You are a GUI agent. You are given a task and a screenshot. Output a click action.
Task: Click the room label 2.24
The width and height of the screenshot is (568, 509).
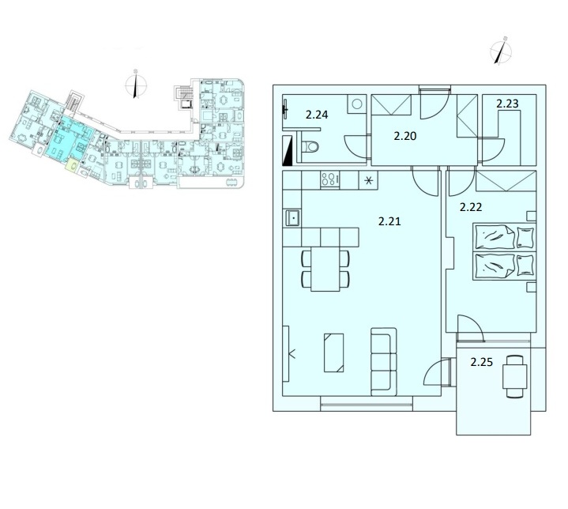tap(317, 115)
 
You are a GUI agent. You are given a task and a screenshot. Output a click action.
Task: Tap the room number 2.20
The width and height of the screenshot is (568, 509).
tap(405, 136)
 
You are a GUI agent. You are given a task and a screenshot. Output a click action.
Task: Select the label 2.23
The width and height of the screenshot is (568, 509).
tap(507, 104)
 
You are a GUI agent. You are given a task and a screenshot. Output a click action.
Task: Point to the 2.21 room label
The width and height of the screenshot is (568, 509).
tap(389, 221)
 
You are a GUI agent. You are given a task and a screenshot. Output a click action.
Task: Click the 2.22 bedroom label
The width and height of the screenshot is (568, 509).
tap(471, 207)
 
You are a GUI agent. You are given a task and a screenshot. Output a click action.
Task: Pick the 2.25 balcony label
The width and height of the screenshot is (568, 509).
tap(481, 362)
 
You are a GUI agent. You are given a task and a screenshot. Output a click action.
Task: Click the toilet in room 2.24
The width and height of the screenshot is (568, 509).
tap(310, 147)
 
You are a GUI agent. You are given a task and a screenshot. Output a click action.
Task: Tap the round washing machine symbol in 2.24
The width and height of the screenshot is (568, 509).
tap(357, 104)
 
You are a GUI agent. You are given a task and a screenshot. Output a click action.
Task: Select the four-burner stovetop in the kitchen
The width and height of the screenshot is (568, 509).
tap(329, 180)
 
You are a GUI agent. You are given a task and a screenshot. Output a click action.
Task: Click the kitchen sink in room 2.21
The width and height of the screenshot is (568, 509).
tap(293, 218)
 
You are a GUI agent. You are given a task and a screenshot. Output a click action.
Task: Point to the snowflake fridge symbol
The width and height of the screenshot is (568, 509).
tap(368, 180)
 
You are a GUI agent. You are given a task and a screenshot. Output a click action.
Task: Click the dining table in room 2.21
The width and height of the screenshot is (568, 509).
tap(325, 269)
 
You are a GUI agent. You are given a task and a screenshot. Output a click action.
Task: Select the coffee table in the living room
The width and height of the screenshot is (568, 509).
tap(333, 353)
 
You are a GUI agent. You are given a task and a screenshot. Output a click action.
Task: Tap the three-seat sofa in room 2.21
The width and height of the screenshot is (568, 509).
tap(384, 362)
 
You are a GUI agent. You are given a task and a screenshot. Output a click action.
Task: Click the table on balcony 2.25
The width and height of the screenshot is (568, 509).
tap(514, 377)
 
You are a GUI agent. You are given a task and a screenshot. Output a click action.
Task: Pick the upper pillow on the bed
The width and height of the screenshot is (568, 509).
tap(525, 238)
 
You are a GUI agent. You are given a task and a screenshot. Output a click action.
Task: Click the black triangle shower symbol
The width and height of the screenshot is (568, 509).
tap(288, 151)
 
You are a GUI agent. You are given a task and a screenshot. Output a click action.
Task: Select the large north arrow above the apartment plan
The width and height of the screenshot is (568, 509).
tap(501, 51)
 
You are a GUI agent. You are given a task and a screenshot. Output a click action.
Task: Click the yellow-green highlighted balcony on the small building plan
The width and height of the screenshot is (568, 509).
tap(72, 165)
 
